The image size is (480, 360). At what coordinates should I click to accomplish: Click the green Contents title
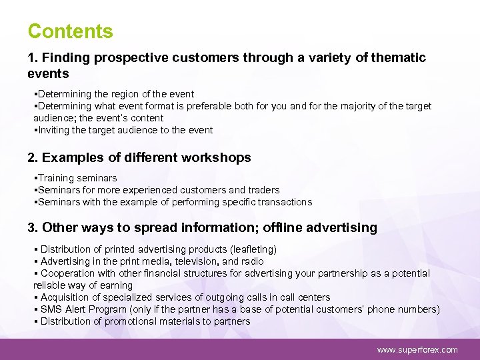tap(70, 31)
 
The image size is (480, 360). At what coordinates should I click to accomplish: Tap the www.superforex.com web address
tap(417, 349)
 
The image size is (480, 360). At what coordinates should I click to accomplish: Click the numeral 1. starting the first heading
tap(33, 58)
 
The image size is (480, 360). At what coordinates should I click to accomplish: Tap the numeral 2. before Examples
tap(33, 158)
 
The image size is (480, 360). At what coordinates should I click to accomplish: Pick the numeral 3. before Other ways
tap(33, 228)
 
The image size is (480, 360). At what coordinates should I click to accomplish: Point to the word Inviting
tap(54, 130)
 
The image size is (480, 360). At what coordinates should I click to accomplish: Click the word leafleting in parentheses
tap(251, 249)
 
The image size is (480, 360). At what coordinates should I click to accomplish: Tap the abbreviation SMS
tap(51, 309)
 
